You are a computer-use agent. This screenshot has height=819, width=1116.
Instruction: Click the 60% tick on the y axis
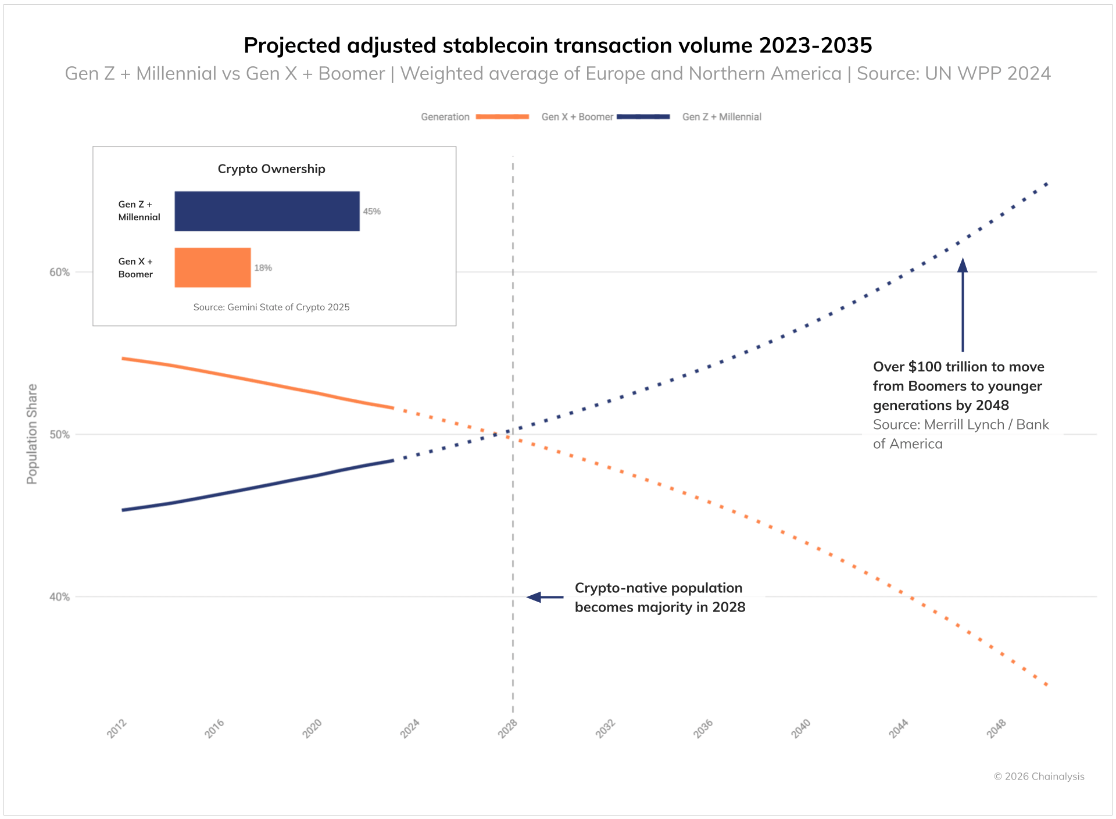[59, 272]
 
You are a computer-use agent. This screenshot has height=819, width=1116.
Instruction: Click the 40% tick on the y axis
[59, 597]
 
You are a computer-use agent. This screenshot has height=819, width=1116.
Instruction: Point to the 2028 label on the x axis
[508, 728]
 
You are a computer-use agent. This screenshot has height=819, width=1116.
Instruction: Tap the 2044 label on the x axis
[899, 728]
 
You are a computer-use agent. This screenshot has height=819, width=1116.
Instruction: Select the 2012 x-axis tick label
[117, 728]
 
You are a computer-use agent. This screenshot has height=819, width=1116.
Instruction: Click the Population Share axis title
[32, 434]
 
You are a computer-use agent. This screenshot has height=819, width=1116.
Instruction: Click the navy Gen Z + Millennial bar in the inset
[267, 211]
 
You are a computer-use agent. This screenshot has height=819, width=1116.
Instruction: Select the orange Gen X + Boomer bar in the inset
[213, 267]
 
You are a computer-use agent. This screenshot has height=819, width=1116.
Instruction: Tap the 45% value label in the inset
[372, 212]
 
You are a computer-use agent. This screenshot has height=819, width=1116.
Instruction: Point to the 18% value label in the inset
[263, 268]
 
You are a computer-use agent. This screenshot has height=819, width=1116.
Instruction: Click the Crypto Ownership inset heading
[271, 169]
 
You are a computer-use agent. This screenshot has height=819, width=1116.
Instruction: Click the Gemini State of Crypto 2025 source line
[271, 307]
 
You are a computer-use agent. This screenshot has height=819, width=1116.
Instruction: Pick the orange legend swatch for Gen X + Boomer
[502, 117]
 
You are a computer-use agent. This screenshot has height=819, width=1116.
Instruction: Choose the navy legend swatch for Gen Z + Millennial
[643, 117]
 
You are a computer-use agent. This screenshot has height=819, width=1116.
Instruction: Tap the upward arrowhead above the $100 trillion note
[963, 265]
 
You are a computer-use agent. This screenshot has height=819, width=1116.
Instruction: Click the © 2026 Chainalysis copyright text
[1039, 777]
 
